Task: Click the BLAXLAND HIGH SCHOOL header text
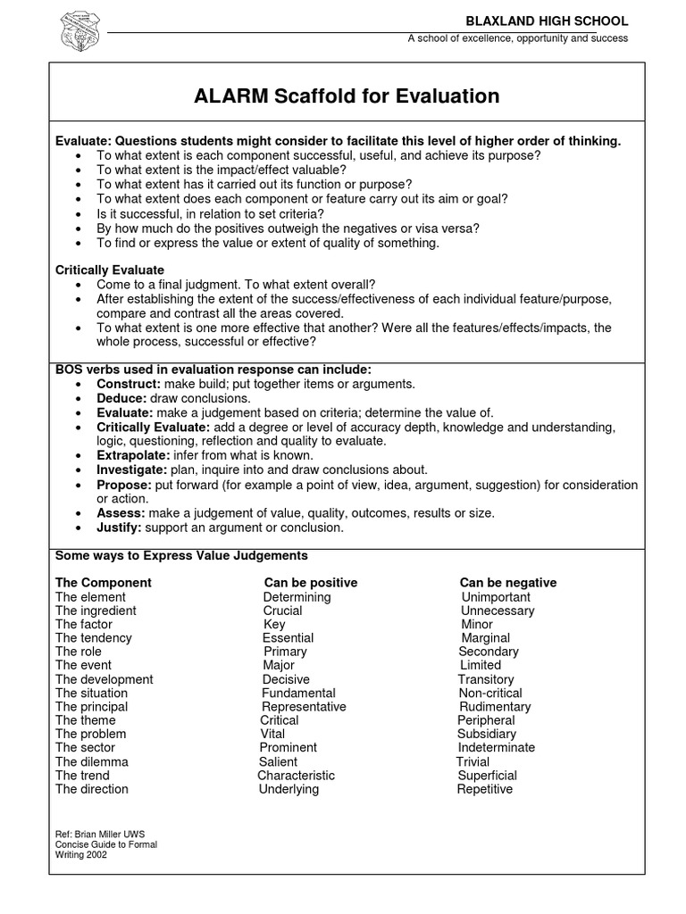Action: (x=559, y=21)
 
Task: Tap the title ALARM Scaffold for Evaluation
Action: (x=347, y=96)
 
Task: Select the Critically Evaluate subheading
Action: (x=110, y=270)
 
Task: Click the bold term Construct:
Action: (x=127, y=384)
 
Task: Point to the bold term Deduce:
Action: (x=121, y=398)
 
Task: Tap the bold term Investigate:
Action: (x=132, y=469)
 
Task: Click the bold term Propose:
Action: (x=124, y=485)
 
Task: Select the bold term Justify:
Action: (x=121, y=528)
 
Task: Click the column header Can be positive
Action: (x=311, y=583)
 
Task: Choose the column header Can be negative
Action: (x=508, y=583)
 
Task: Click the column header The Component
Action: (x=104, y=583)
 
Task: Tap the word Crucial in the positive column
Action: (x=282, y=611)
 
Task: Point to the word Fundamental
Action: (x=298, y=694)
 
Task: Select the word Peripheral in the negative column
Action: (x=486, y=720)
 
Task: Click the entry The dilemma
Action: (x=92, y=762)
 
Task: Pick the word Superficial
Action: (x=487, y=777)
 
